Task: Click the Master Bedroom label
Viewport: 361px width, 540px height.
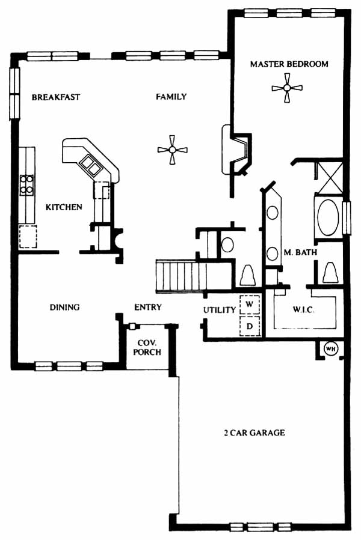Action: (x=289, y=64)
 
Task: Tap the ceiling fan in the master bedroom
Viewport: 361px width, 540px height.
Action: (x=287, y=88)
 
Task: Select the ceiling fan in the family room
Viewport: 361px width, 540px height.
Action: (x=172, y=150)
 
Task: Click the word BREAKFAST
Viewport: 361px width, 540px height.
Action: (x=55, y=97)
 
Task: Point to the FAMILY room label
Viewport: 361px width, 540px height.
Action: (x=171, y=97)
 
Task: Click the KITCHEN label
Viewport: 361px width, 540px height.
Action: (x=64, y=207)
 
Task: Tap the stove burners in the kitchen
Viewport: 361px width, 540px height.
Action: (x=26, y=184)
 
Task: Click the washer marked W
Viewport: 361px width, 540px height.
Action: (x=249, y=305)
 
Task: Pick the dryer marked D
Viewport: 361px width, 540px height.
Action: (x=249, y=326)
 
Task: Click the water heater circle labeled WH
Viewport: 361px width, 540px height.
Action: (x=331, y=349)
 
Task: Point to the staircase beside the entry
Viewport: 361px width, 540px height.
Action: (x=181, y=276)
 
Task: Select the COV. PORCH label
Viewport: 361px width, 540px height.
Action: (x=147, y=348)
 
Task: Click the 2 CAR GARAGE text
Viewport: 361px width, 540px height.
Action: (x=255, y=432)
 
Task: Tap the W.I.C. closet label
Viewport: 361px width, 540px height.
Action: (x=304, y=309)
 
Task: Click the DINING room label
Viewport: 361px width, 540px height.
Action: (x=64, y=307)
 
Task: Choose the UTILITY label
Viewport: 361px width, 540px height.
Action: (x=220, y=310)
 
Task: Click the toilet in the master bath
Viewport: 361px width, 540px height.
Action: (x=330, y=273)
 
